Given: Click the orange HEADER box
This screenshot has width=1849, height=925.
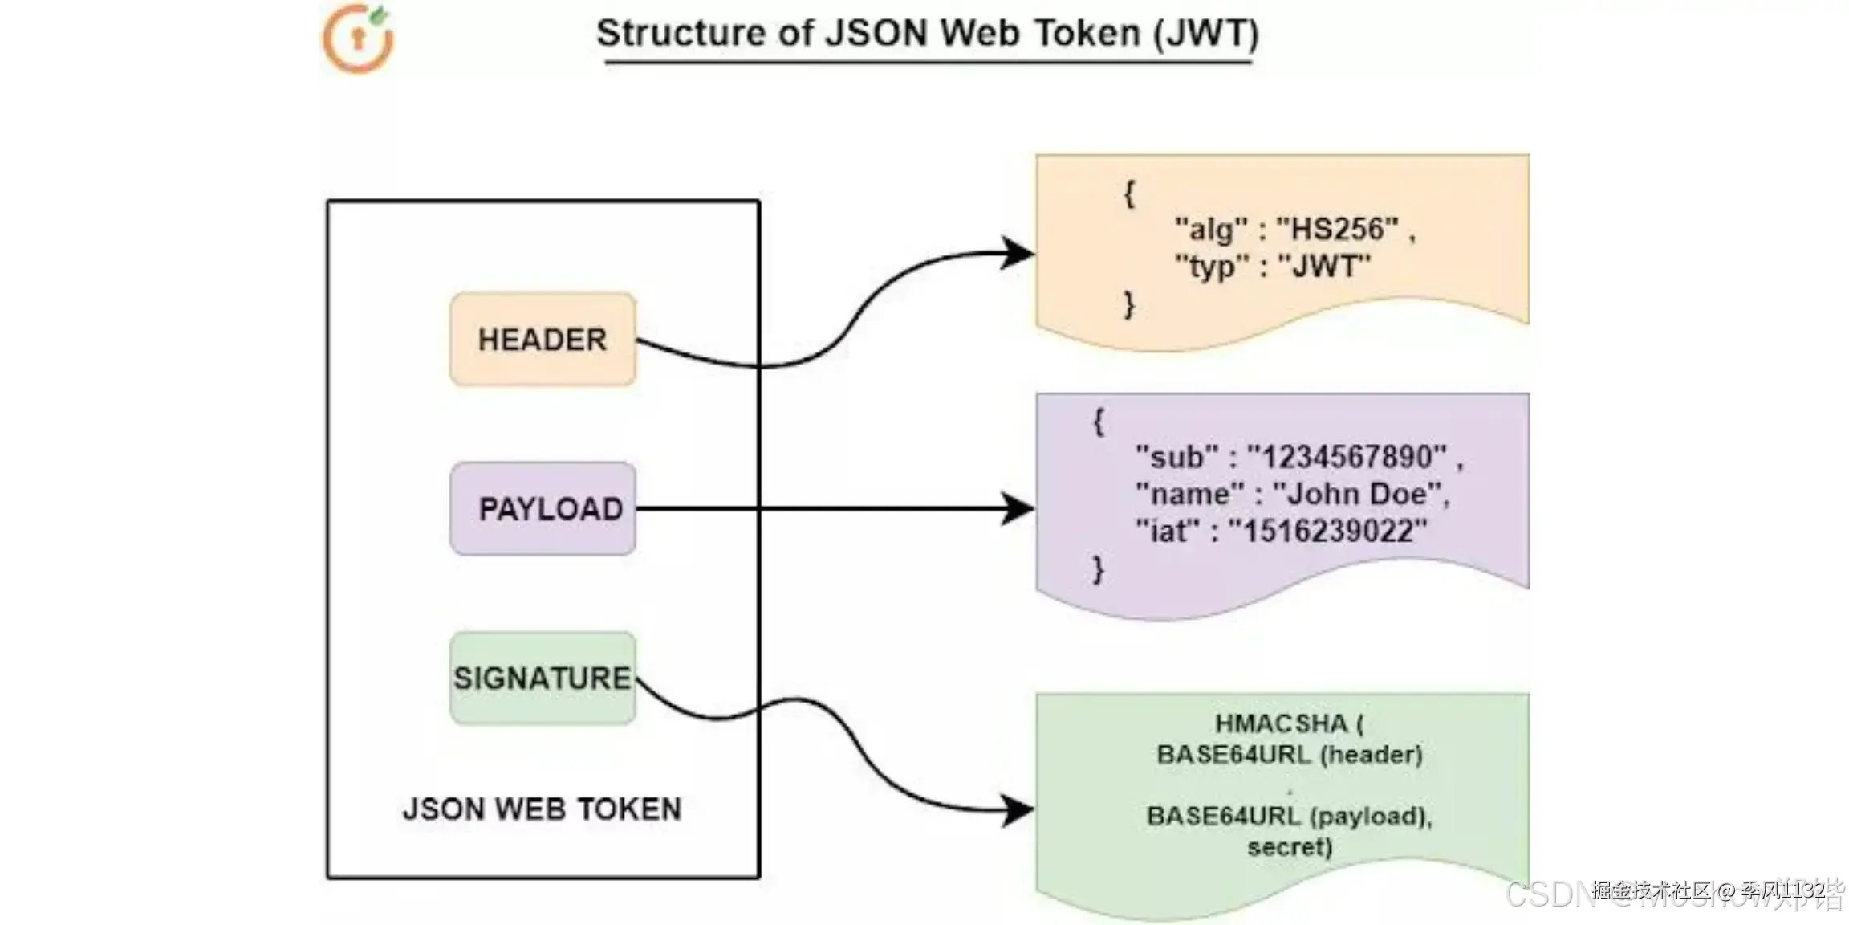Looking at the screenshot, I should pyautogui.click(x=543, y=340).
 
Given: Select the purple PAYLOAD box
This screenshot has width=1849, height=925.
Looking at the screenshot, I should pyautogui.click(x=543, y=508).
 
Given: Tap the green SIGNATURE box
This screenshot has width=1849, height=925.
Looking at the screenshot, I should pyautogui.click(x=543, y=678).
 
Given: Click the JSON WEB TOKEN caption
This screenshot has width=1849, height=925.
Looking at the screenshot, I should pyautogui.click(x=543, y=809).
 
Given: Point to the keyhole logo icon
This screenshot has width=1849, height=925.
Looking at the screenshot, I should pyautogui.click(x=359, y=39).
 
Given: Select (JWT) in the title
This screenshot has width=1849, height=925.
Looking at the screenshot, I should pyautogui.click(x=1206, y=34).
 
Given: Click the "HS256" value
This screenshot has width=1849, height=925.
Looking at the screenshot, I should pyautogui.click(x=1337, y=230).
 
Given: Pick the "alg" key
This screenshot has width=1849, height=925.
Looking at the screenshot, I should pyautogui.click(x=1211, y=230).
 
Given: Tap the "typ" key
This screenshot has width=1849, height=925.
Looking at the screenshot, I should pyautogui.click(x=1212, y=267).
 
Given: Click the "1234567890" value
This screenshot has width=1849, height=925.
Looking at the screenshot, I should pyautogui.click(x=1347, y=458).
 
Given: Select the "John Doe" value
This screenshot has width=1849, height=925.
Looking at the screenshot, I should pyautogui.click(x=1358, y=495).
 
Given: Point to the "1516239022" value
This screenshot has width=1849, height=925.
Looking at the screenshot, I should pyautogui.click(x=1328, y=532).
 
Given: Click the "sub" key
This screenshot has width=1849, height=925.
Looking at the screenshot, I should pyautogui.click(x=1176, y=458).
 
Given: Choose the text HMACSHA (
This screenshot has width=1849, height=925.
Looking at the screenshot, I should pyautogui.click(x=1289, y=724).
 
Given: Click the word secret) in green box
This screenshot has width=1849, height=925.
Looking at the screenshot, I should pyautogui.click(x=1290, y=847).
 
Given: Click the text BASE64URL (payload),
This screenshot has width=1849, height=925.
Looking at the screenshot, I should pyautogui.click(x=1290, y=817).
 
